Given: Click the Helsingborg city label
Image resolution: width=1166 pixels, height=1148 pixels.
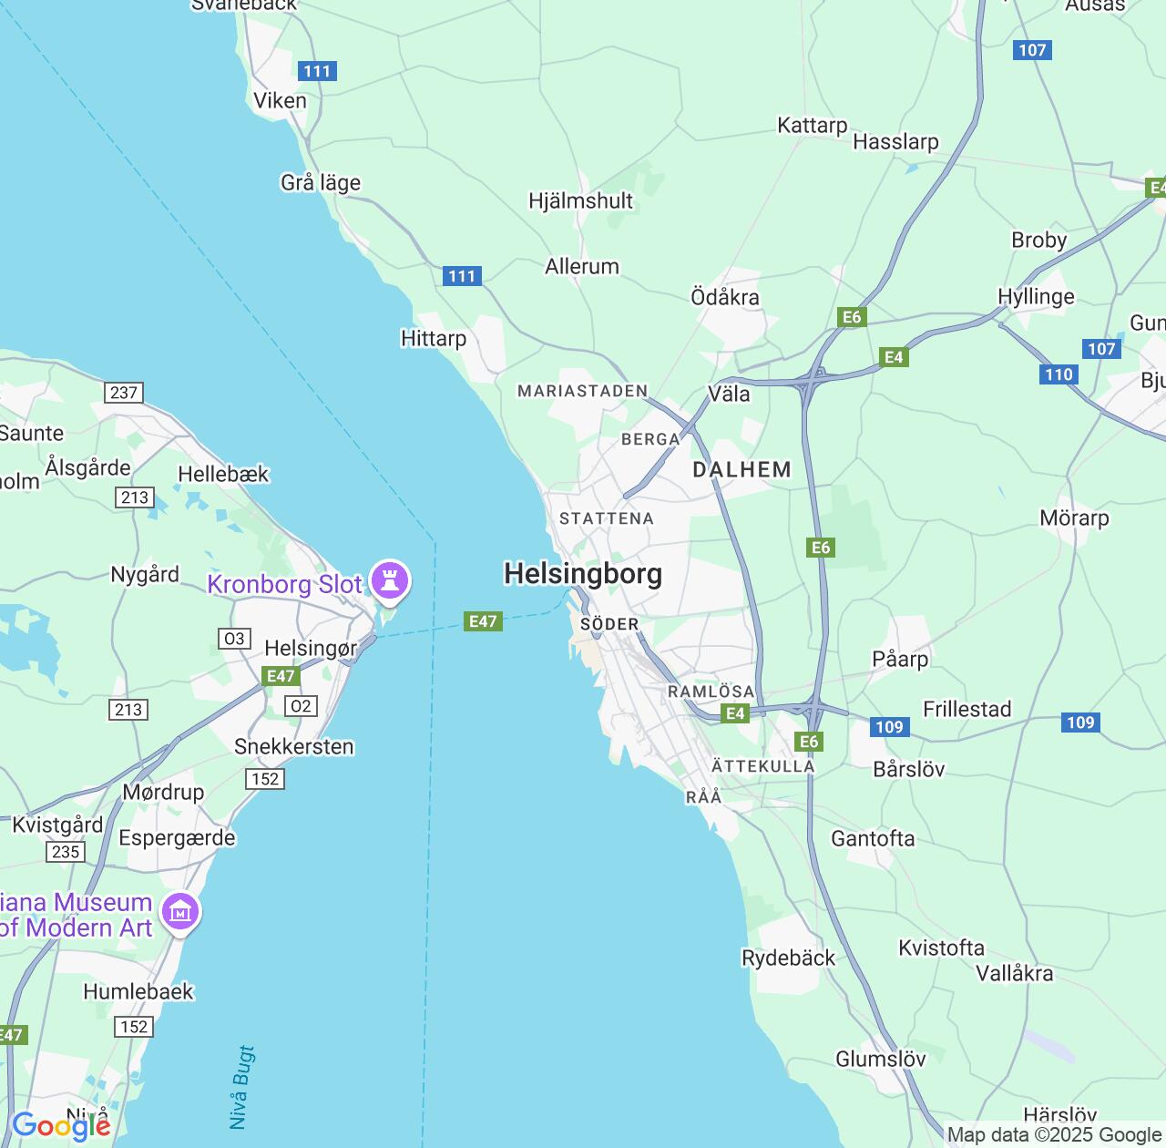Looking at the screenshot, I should tap(583, 574).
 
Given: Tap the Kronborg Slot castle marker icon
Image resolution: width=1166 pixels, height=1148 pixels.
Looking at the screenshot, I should tap(390, 580).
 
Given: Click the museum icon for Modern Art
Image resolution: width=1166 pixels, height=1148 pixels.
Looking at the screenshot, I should tap(179, 911).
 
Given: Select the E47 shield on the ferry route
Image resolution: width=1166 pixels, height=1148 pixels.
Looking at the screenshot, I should tap(483, 621).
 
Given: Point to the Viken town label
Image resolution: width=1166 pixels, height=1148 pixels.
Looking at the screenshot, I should tap(280, 101).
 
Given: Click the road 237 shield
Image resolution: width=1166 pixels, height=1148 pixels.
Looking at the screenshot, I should tap(124, 393).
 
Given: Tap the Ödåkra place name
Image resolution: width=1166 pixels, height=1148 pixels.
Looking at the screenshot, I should tap(725, 298).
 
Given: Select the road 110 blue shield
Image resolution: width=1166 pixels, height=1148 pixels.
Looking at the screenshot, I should tap(1059, 374).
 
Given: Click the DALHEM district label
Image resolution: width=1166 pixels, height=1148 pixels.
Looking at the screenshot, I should tap(742, 470).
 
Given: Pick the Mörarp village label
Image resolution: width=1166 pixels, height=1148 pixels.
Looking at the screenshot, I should tap(1074, 518).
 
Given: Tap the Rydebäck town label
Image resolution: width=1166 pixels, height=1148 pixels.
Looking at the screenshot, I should tap(788, 958).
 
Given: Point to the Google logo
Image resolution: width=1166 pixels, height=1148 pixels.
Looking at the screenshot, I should tap(61, 1127).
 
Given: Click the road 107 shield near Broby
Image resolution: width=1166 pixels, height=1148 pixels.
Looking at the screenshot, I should tap(1101, 349).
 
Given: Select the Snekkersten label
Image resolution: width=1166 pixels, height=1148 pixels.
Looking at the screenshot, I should tap(293, 747).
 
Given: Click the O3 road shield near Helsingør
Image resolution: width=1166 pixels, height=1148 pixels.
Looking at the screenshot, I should tap(234, 639).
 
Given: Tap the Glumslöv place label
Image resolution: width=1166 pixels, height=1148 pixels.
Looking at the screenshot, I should tap(880, 1060).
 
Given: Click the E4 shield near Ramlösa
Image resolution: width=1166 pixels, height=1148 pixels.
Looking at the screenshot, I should tap(735, 713).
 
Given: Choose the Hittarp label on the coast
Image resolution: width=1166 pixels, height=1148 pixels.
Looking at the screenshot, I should tap(434, 339).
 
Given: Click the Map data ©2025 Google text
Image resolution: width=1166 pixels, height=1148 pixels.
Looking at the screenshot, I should tap(1054, 1135).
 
